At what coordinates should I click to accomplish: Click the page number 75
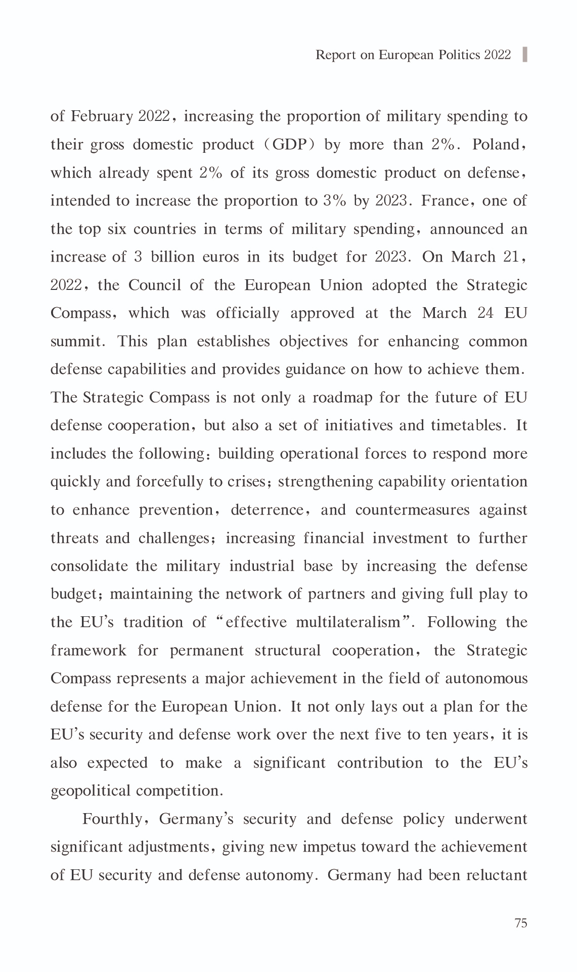click(520, 923)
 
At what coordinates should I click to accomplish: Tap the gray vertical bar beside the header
click(524, 54)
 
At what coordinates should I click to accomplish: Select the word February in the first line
click(102, 116)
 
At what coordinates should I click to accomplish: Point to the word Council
click(154, 285)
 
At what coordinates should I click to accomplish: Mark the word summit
click(75, 342)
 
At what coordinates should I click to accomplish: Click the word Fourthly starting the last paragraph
click(113, 819)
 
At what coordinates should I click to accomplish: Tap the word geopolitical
click(88, 791)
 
